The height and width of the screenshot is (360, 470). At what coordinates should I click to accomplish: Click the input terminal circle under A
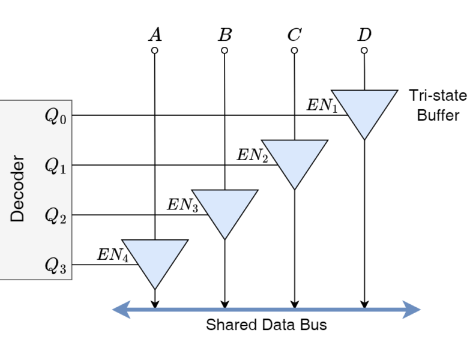click(155, 50)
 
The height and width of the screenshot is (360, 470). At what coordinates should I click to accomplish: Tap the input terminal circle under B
click(224, 50)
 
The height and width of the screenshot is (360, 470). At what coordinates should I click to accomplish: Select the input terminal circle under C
click(294, 50)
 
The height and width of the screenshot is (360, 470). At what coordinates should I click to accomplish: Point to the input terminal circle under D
click(364, 50)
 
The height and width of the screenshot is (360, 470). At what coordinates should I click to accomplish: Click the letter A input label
click(155, 34)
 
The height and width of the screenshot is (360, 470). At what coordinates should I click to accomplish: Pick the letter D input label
click(364, 34)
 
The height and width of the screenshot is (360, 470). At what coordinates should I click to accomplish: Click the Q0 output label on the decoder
click(56, 116)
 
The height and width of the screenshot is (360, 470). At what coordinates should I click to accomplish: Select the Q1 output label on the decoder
click(56, 166)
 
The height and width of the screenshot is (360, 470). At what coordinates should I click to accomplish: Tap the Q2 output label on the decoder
click(56, 215)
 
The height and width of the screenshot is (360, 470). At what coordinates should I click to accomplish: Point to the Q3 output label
click(56, 266)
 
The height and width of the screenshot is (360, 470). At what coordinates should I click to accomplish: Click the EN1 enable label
click(322, 106)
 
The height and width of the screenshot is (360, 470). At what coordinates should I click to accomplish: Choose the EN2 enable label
click(252, 155)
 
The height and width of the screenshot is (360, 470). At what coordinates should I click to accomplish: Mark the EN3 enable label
click(182, 205)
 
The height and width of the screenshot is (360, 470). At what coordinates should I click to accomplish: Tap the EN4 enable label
click(113, 255)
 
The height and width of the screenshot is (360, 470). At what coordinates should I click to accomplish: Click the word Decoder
click(17, 188)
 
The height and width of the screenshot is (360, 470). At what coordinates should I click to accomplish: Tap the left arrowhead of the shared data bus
click(121, 310)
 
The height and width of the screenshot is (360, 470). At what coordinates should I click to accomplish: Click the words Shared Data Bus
click(266, 325)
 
